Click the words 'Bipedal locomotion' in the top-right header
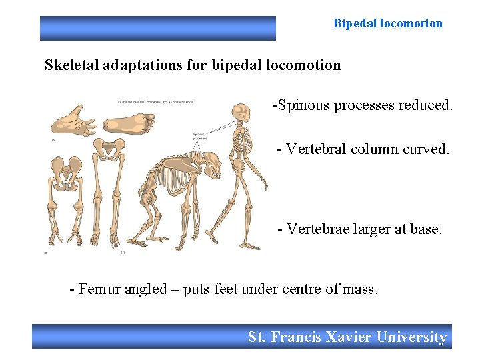click(387, 23)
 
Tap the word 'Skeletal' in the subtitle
click(70, 65)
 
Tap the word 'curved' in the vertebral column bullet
click(425, 149)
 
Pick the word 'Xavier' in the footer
click(349, 337)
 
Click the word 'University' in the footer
click(411, 337)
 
